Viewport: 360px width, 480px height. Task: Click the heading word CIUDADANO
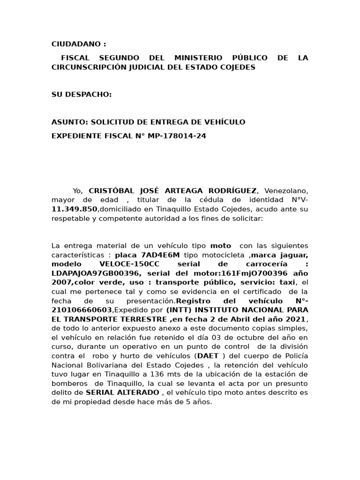[76, 45]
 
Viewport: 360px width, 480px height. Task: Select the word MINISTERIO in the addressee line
[196, 58]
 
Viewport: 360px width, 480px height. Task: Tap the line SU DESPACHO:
[82, 95]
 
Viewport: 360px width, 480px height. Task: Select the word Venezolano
[286, 191]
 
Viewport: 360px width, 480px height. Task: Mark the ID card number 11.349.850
[75, 209]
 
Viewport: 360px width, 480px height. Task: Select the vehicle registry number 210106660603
[82, 310]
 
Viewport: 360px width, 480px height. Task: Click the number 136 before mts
[157, 374]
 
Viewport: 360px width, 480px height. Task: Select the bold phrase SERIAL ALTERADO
[123, 392]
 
